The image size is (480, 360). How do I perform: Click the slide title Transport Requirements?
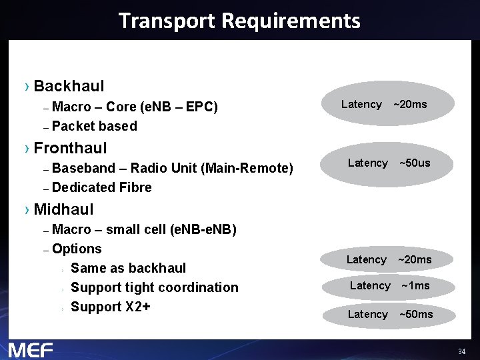pos(239,21)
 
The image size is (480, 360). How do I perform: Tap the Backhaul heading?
pos(69,86)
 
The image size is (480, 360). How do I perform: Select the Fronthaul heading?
pos(70,147)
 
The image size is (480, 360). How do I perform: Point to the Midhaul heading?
pos(63,209)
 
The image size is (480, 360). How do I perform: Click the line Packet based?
pos(94,126)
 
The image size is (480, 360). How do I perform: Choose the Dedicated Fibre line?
pos(101,187)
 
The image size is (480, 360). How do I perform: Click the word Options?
pos(77,249)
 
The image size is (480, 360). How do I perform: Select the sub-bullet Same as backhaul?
pos(128,268)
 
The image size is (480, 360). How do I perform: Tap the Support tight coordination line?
pos(154,287)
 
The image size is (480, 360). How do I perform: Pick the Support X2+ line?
pos(111,307)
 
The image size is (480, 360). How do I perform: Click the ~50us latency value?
pos(415,163)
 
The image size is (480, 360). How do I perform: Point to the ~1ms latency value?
pos(415,285)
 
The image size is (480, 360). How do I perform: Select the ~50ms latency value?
pos(416,314)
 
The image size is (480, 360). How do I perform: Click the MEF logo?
pos(30,349)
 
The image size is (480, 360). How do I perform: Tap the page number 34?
pos(461,351)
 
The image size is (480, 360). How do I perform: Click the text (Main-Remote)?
pos(247,168)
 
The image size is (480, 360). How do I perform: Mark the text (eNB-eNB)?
pos(203,230)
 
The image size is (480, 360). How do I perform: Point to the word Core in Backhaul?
pos(122,107)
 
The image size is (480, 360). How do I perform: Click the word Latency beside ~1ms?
pos(370,285)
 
